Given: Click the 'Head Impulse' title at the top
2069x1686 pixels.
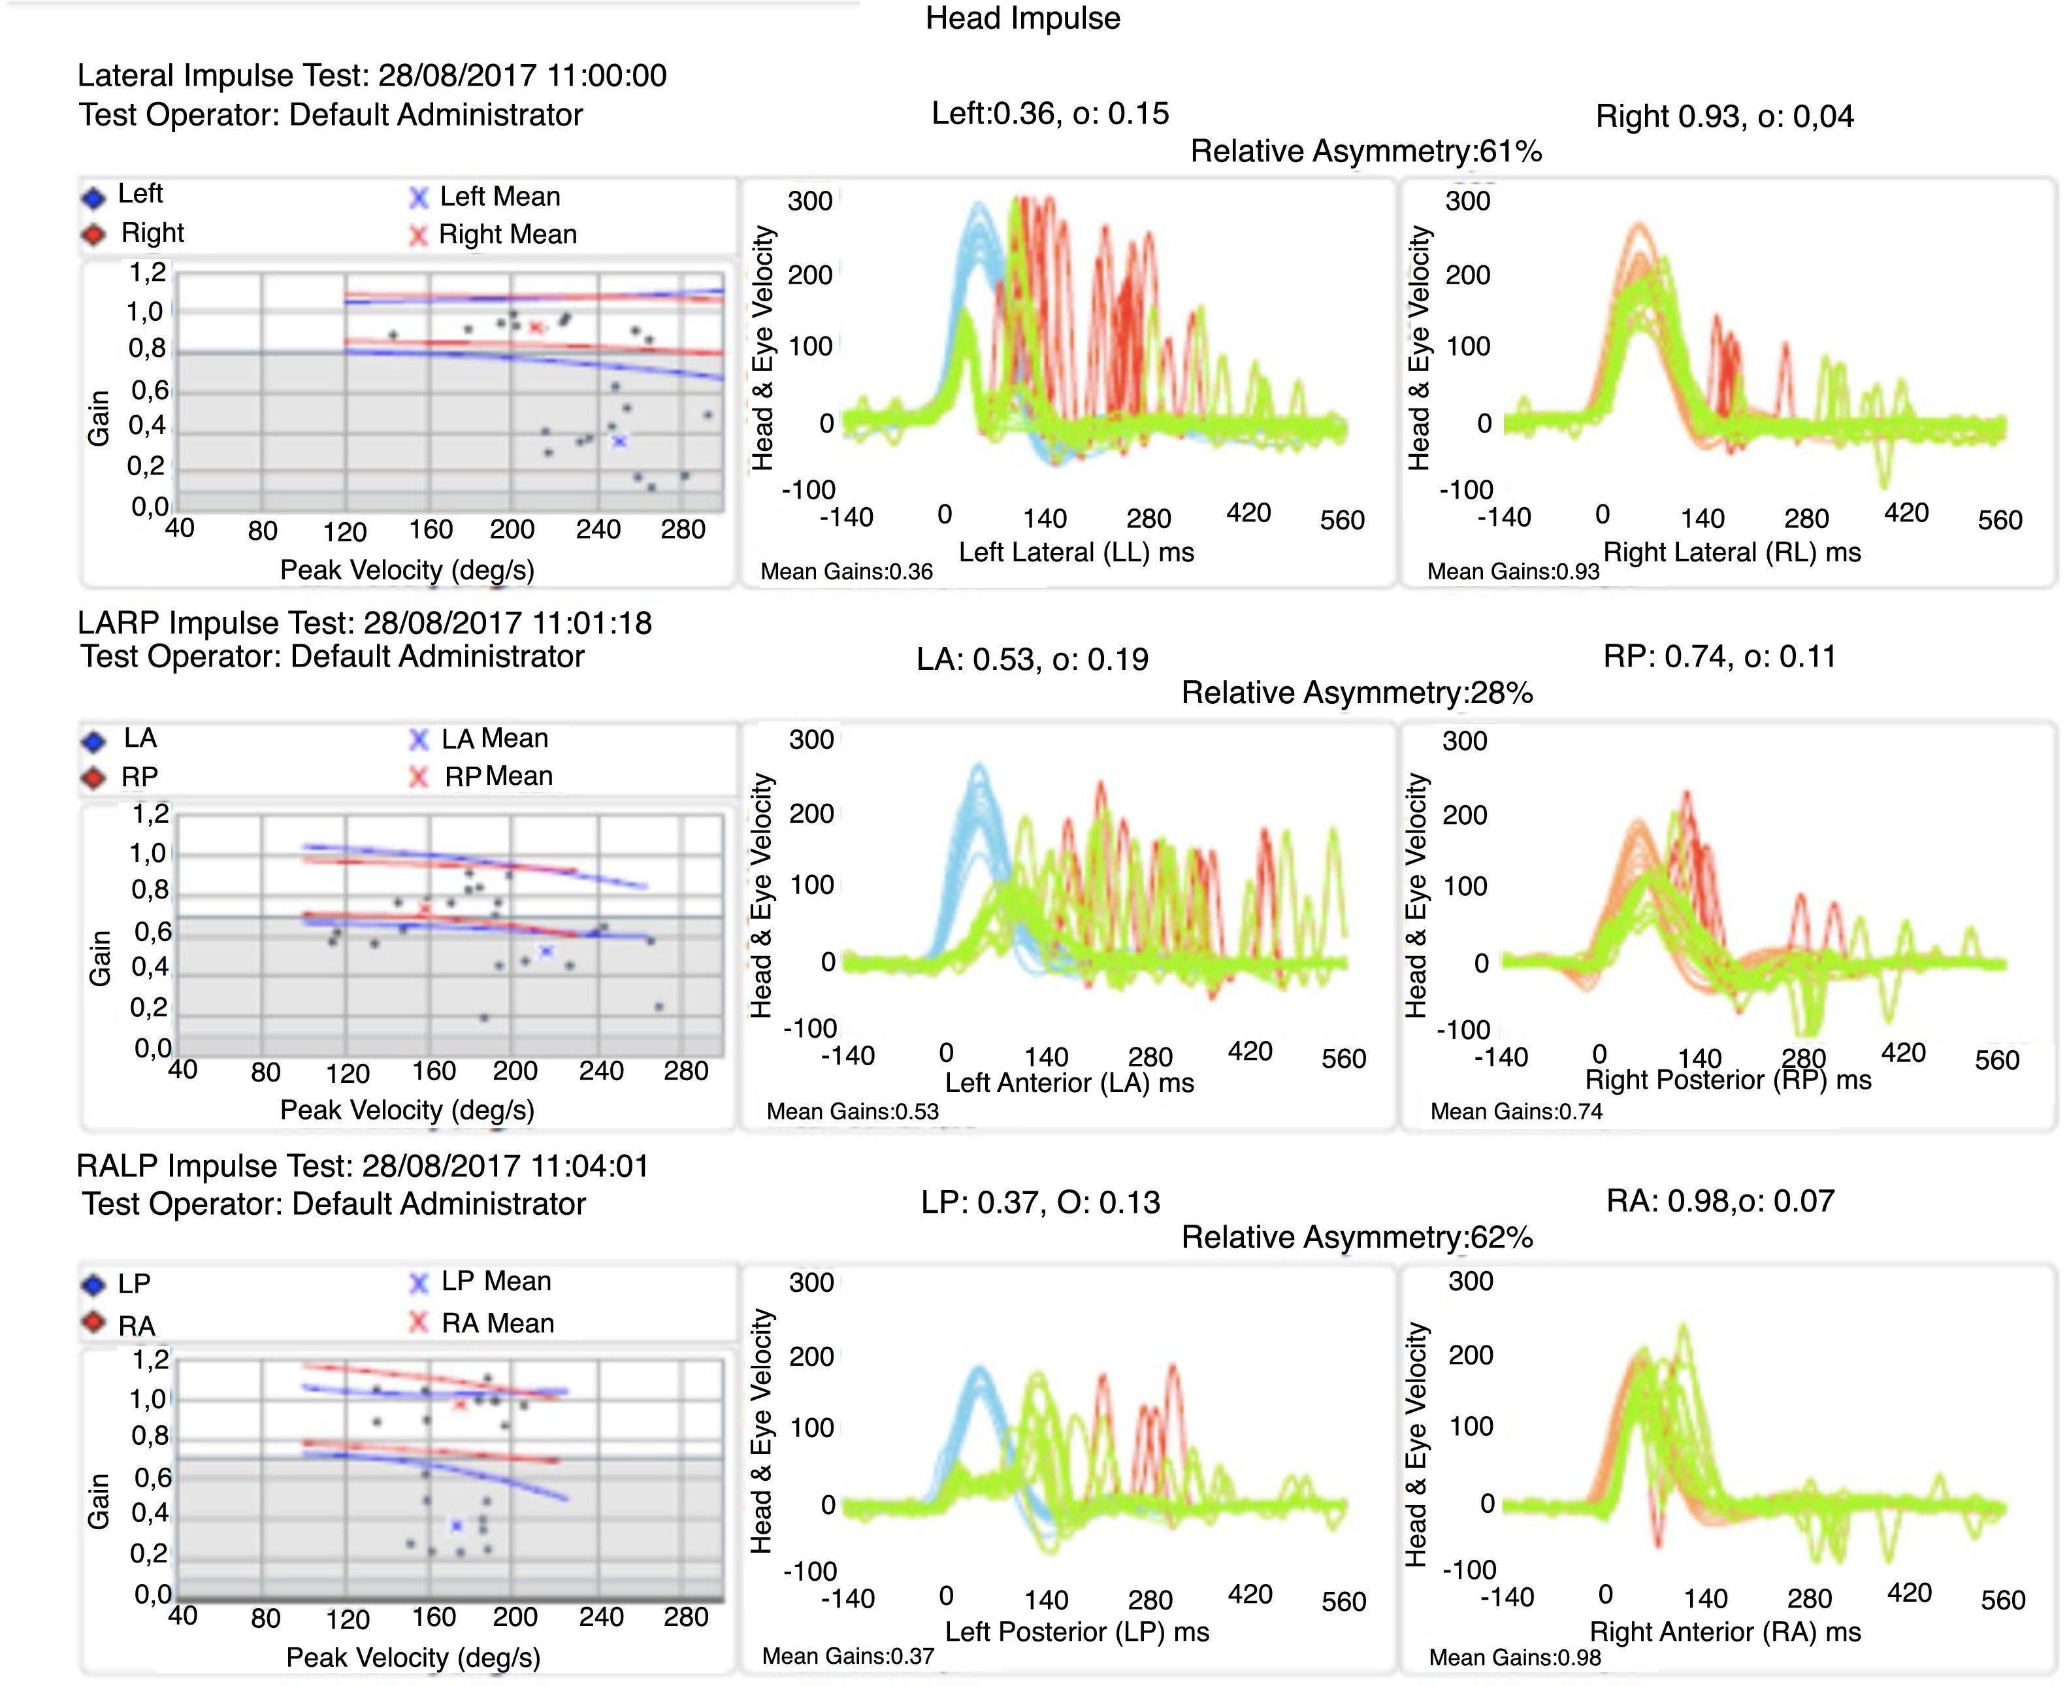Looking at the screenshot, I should tap(1022, 18).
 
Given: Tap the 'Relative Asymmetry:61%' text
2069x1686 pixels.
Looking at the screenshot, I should tap(1365, 152).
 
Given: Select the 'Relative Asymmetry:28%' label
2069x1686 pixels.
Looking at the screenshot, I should tap(1356, 693).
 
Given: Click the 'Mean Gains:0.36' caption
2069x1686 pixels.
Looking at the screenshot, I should tap(845, 572).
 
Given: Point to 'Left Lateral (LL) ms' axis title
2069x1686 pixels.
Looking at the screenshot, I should tap(1076, 553).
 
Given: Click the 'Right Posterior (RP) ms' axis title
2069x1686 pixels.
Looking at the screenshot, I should tap(1727, 1080).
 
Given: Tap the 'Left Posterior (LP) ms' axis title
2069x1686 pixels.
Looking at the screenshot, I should tap(1077, 1632).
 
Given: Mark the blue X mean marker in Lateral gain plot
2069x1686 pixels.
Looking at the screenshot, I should tap(619, 441).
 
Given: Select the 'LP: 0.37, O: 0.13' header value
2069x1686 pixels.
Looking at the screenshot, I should tap(1040, 1203).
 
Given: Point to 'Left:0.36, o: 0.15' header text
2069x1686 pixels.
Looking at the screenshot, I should tap(1050, 114).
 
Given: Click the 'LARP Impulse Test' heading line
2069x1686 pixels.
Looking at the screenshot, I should tap(364, 623).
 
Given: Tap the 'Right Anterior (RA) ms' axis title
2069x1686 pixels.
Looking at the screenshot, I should tap(1724, 1632).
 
